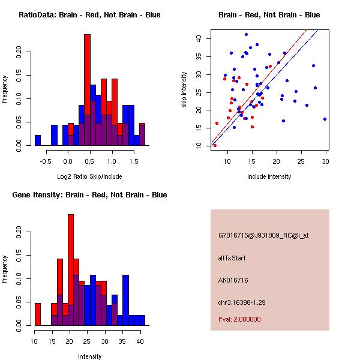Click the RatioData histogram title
[89, 15]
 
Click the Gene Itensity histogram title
[89, 195]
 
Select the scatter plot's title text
[269, 15]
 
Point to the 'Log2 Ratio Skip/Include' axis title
[89, 176]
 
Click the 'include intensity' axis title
[269, 176]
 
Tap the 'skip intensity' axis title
[185, 90]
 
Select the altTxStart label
[232, 258]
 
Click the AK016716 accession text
[234, 280]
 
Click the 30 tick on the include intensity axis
[325, 160]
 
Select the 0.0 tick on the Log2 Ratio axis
[68, 160]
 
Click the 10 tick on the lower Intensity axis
[37, 340]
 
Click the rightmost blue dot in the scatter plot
[325, 119]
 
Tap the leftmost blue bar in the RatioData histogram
[38, 140]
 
